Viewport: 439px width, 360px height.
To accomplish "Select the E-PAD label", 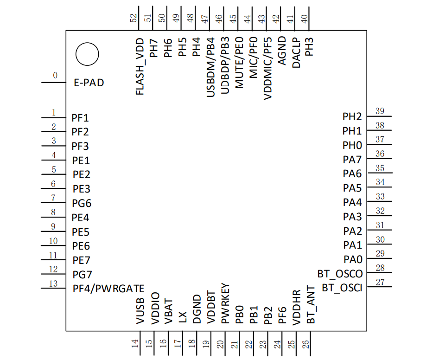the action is (x=89, y=83).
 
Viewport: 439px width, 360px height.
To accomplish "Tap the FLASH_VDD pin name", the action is (x=140, y=67).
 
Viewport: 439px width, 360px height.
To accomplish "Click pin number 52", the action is (x=134, y=18).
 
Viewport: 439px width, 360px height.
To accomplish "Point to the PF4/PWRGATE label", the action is (x=108, y=289).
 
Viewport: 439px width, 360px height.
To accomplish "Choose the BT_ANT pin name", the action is (x=311, y=304).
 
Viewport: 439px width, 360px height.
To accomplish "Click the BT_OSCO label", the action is (x=340, y=274).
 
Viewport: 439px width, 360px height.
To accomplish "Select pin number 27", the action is (x=380, y=282).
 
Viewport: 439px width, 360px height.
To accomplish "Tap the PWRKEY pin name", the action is (x=225, y=303).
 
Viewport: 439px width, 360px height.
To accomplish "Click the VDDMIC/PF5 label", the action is (x=267, y=69).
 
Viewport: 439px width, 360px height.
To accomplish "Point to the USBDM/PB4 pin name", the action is (x=210, y=67).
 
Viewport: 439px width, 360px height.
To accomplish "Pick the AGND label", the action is (x=282, y=51).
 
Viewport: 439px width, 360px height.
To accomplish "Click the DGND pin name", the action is (x=197, y=309).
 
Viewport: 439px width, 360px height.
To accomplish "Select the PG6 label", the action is (x=82, y=203).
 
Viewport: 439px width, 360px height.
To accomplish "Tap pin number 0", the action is (x=55, y=75).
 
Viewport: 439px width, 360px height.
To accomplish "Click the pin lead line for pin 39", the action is (x=379, y=116).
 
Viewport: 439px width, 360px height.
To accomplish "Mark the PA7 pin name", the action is (x=352, y=160).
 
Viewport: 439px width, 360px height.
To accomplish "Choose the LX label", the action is (x=182, y=317).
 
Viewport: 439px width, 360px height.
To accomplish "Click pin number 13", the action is (x=53, y=283).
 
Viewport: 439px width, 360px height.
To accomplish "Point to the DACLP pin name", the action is (x=296, y=53).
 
